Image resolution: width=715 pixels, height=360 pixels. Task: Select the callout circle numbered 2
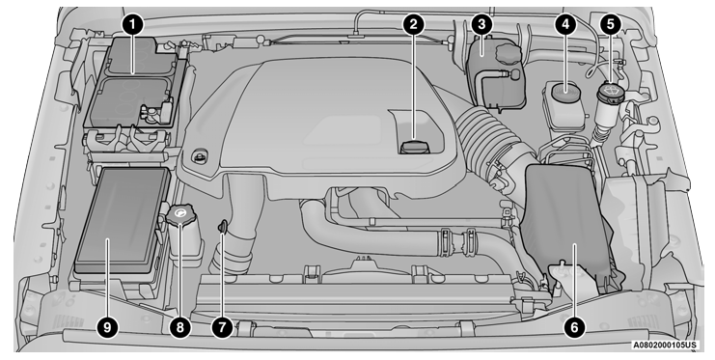[x=414, y=25]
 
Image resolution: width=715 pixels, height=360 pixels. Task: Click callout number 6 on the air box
[x=574, y=327]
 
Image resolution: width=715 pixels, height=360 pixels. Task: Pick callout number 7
[x=222, y=327]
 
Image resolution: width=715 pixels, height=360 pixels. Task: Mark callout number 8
[x=179, y=327]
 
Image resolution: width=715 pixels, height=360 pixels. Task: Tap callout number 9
[x=107, y=327]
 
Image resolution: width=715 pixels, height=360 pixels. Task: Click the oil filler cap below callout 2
[x=414, y=149]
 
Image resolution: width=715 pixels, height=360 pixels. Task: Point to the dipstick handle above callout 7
[x=222, y=227]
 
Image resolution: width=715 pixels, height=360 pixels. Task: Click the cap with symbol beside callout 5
[x=610, y=95]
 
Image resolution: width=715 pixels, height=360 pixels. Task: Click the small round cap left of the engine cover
[x=200, y=156]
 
